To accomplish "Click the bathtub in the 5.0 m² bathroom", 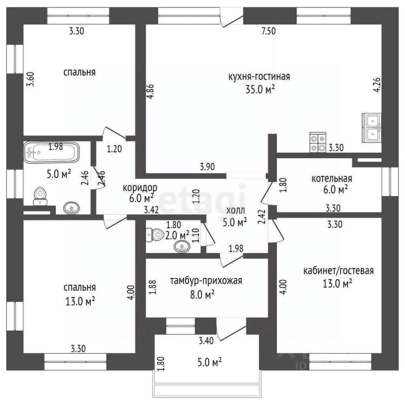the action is point(51,152).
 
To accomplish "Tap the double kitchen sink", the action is point(372,127).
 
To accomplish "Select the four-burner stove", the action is point(318,143).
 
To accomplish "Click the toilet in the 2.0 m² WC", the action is point(155,235).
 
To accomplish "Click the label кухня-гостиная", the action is point(259,77).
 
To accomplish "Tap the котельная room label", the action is point(332,178).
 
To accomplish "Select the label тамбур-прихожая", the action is point(206,281).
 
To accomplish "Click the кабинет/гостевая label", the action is point(338,271).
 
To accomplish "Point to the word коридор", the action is point(140,188).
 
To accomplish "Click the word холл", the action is point(235,211).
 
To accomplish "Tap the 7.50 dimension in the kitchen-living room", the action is point(269,31).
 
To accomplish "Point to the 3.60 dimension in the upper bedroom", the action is point(30,79).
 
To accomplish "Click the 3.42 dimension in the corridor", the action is point(151,210).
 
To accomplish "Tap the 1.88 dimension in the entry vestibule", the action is point(154,287).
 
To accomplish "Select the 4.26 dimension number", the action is point(377,85).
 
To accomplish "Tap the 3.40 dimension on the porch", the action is point(206,341).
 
